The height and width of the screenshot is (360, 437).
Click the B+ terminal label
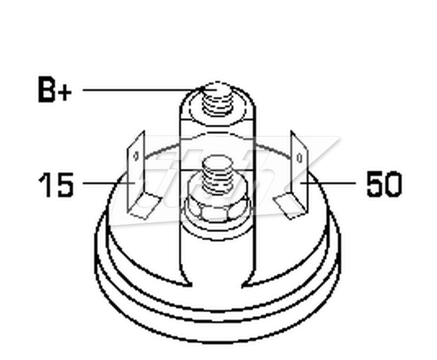tap(55, 89)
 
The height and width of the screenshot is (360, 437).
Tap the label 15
tap(56, 184)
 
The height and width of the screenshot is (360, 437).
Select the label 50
tap(384, 184)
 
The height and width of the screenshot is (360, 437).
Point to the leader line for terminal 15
tap(109, 183)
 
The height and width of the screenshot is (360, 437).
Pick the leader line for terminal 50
tap(328, 183)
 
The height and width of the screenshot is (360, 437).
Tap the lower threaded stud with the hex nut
tap(217, 176)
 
